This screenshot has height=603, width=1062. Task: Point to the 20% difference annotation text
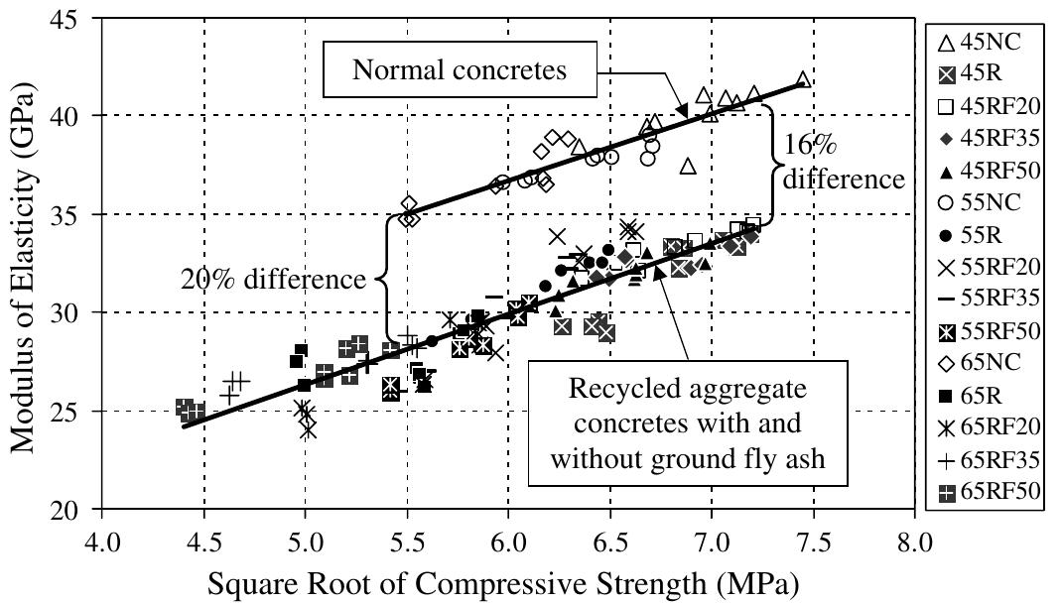click(273, 280)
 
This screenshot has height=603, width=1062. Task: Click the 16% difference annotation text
click(842, 162)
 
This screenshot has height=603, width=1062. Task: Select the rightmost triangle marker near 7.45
click(803, 79)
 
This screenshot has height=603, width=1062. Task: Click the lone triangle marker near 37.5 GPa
click(688, 166)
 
